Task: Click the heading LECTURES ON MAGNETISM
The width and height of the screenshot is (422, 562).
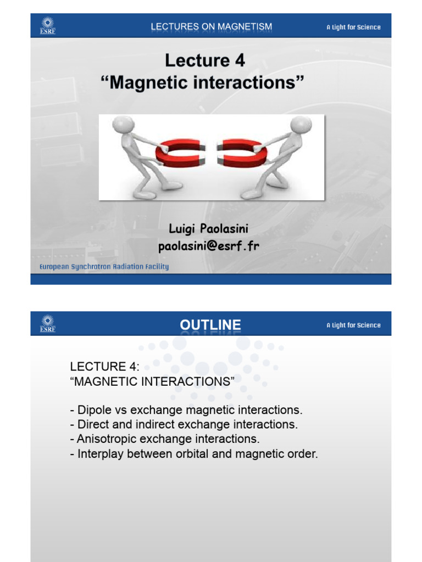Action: pos(211,27)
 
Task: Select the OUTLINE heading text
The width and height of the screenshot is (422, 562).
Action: pos(210,325)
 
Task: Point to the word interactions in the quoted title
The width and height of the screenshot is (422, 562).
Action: pos(244,82)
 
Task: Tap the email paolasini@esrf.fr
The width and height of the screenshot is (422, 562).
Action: pos(208,246)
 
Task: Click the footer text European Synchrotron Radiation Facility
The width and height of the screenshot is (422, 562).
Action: pos(104,267)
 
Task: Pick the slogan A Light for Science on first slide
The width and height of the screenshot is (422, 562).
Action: pos(353,27)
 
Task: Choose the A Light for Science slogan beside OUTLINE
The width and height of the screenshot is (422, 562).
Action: pos(353,325)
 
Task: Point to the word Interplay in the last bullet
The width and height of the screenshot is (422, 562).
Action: pos(99,454)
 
